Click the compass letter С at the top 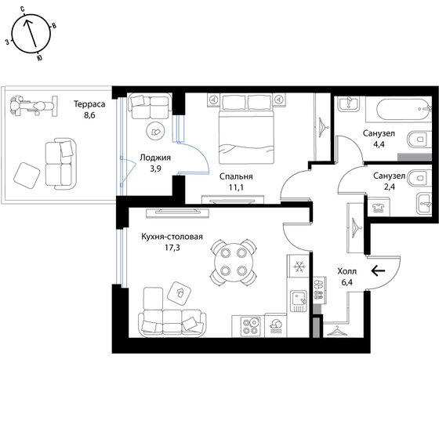point(23,9)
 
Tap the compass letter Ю point(39,58)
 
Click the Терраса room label point(89,104)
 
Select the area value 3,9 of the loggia point(155,169)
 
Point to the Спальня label point(236,176)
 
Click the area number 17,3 point(172,248)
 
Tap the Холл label point(346,271)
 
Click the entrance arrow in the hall point(378,270)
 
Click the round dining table point(234,262)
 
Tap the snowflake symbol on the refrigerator point(299,267)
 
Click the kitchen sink point(299,301)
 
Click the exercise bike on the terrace point(33,106)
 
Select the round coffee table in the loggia point(156,131)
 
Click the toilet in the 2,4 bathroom point(419,177)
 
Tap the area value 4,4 point(379,145)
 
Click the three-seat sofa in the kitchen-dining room point(172,322)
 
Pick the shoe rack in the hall point(319,290)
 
